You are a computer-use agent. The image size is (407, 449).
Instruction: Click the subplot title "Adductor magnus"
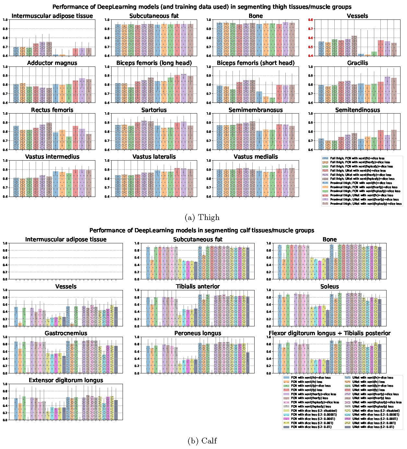click(x=52, y=63)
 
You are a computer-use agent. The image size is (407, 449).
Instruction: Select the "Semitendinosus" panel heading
click(x=357, y=110)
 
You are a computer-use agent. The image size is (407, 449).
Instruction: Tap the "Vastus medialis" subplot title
click(x=256, y=157)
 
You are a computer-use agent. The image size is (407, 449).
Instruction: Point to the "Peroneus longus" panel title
click(x=198, y=333)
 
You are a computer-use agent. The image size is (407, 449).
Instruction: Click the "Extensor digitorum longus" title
click(x=66, y=380)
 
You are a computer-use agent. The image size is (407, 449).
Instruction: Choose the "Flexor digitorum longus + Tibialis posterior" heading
click(x=329, y=333)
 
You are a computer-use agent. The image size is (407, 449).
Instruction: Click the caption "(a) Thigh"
click(x=202, y=217)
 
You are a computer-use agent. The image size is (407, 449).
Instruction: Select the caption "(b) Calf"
click(x=202, y=441)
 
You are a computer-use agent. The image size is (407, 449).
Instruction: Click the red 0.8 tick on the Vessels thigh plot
click(x=311, y=20)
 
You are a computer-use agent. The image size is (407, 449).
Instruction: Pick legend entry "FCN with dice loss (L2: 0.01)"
click(x=310, y=427)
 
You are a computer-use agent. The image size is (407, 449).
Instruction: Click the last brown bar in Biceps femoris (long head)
click(x=190, y=89)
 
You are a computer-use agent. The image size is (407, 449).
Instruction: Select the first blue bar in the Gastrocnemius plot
click(x=16, y=357)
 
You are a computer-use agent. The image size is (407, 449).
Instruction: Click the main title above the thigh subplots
click(x=202, y=7)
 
